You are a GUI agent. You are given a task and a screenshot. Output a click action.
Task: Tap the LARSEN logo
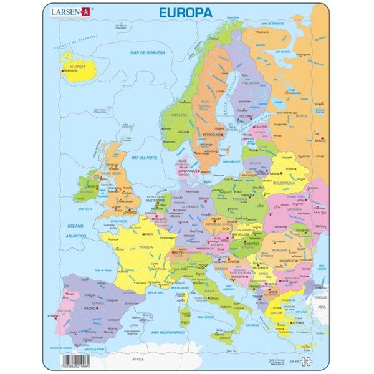click(74, 11)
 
